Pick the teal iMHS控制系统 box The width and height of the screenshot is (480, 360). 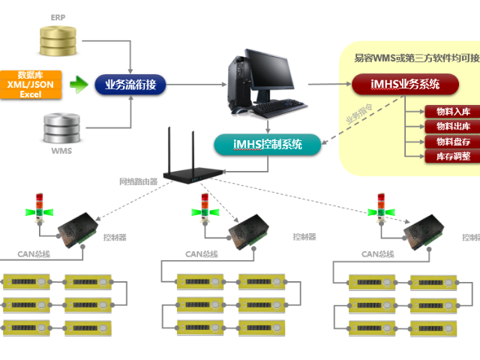click(x=267, y=144)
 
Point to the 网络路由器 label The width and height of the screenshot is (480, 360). click(x=139, y=181)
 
